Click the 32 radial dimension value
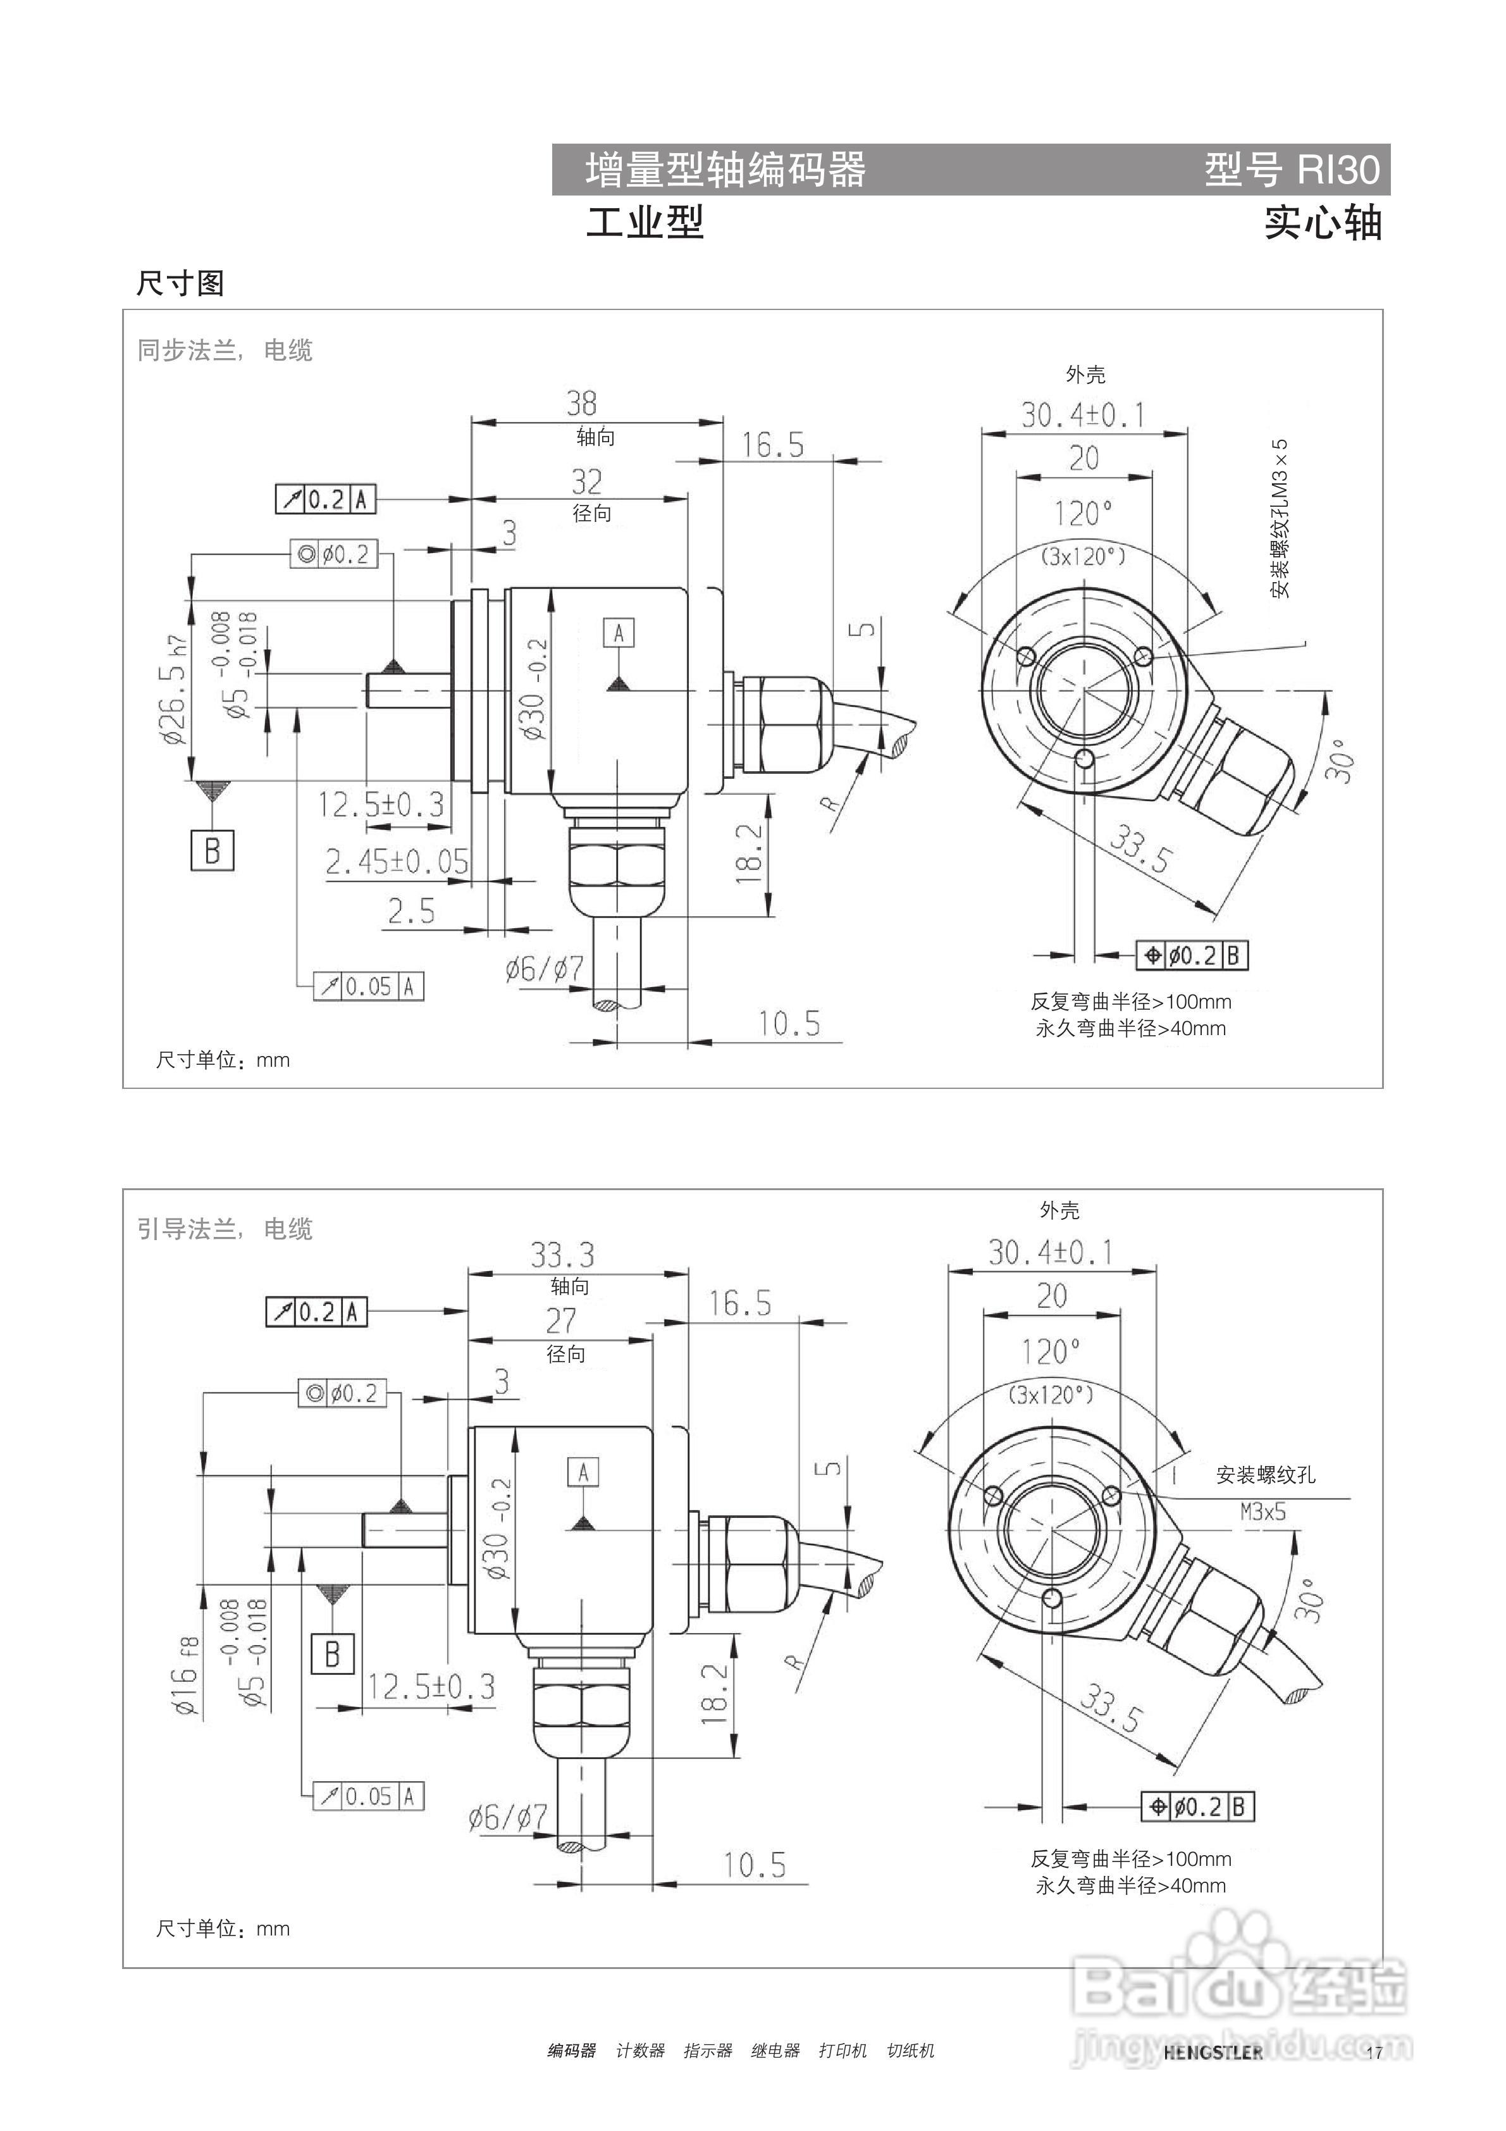(586, 481)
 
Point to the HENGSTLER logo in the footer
(1213, 2051)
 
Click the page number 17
(1374, 2052)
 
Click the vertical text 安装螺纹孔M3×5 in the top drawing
(1281, 519)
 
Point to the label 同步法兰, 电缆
(225, 351)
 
